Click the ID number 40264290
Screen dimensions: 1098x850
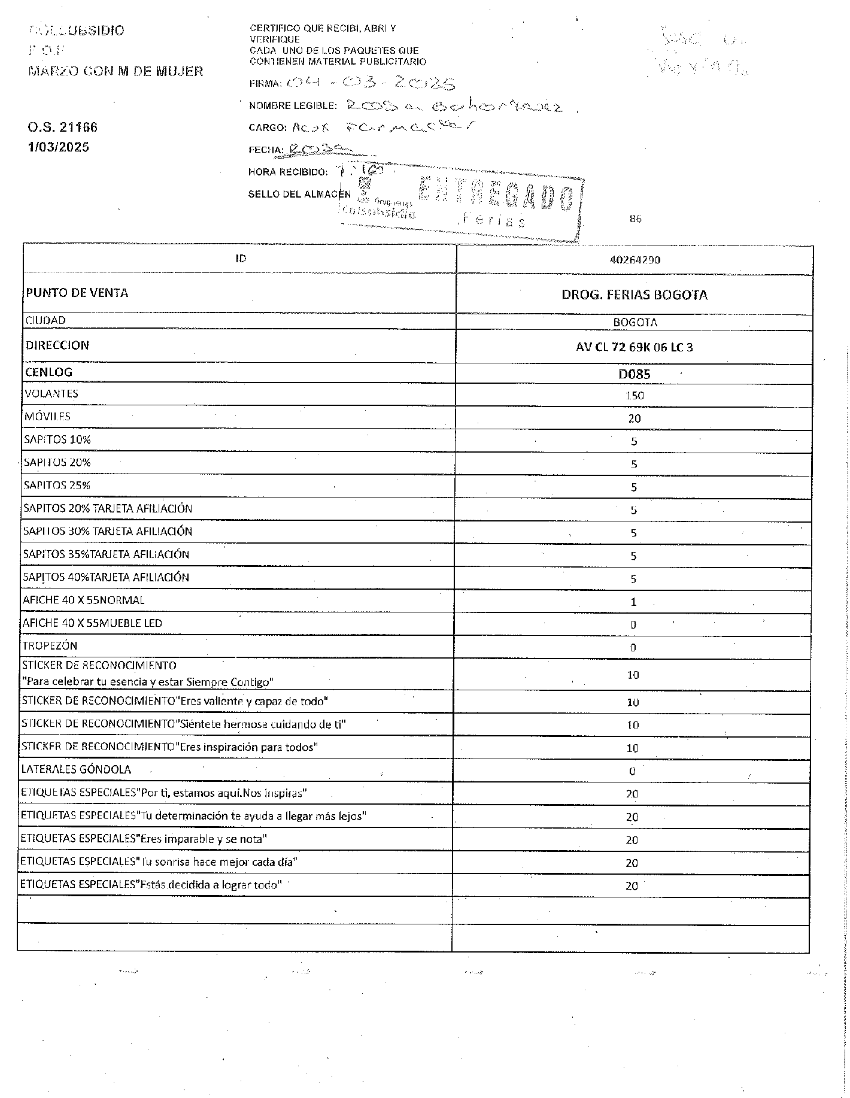pos(635,260)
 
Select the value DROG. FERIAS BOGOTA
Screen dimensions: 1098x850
pos(634,295)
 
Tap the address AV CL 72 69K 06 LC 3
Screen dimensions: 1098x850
pos(634,347)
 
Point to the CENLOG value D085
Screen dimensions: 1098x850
pos(634,374)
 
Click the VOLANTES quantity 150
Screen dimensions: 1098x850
pos(634,395)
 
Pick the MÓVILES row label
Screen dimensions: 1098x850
pos(47,417)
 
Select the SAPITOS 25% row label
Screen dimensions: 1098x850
pos(57,485)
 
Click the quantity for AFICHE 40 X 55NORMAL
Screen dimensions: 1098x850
pos(633,602)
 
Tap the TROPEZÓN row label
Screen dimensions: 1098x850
pos(50,645)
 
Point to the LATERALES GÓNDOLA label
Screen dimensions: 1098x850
pos(76,769)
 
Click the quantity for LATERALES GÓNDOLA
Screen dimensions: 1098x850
pos(632,771)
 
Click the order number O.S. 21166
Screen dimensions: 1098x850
pos(62,127)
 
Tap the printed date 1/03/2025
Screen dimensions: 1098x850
pos(58,147)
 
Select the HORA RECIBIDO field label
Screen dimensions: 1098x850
pos(288,172)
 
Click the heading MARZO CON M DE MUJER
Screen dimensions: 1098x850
pos(116,71)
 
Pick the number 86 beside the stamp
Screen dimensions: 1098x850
pos(635,219)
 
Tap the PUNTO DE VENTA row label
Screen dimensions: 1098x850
pos(77,293)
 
